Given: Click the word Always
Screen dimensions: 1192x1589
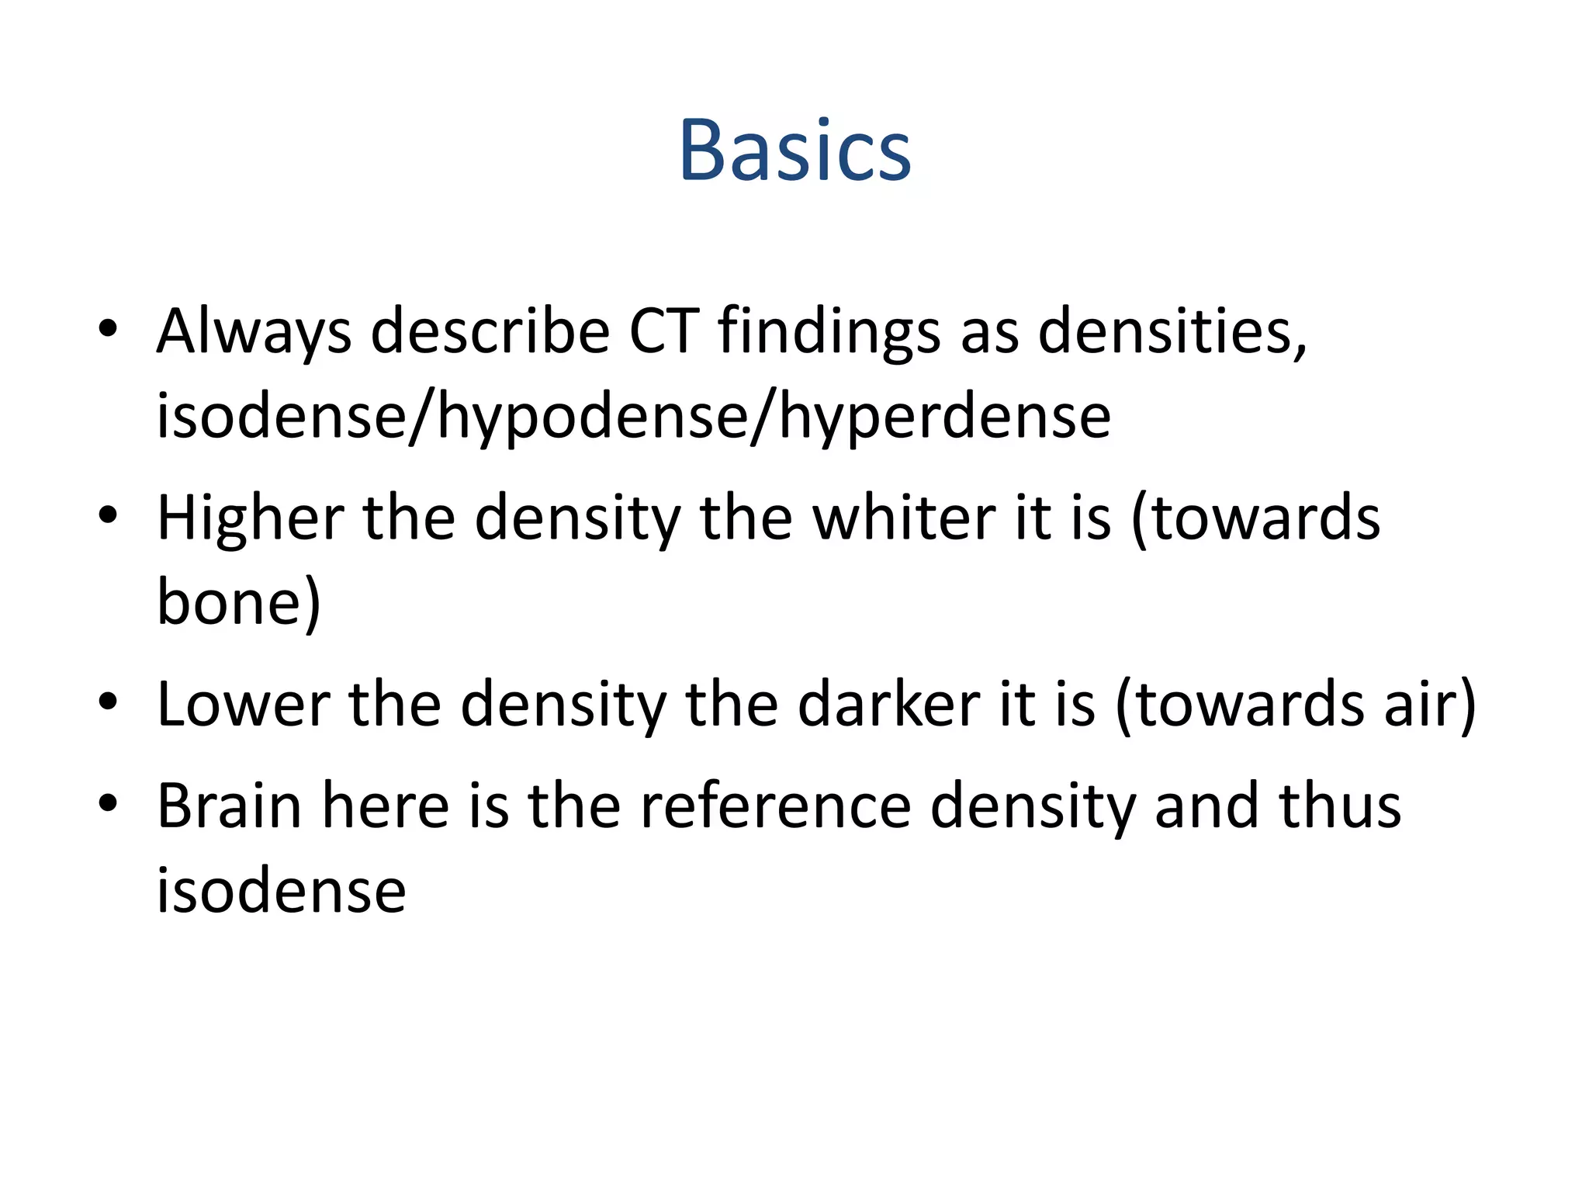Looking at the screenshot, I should [254, 331].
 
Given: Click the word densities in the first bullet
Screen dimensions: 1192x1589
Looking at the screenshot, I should [1172, 331].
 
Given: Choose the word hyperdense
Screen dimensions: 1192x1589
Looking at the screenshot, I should [945, 418].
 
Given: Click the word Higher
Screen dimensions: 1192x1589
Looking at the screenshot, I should [251, 518].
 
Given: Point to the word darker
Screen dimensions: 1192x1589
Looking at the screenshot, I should [888, 705].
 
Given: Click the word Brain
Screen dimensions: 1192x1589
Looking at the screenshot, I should [230, 806].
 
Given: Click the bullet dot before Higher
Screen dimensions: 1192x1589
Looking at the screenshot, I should [108, 515].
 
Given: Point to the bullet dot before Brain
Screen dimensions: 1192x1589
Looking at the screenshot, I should [108, 803].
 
